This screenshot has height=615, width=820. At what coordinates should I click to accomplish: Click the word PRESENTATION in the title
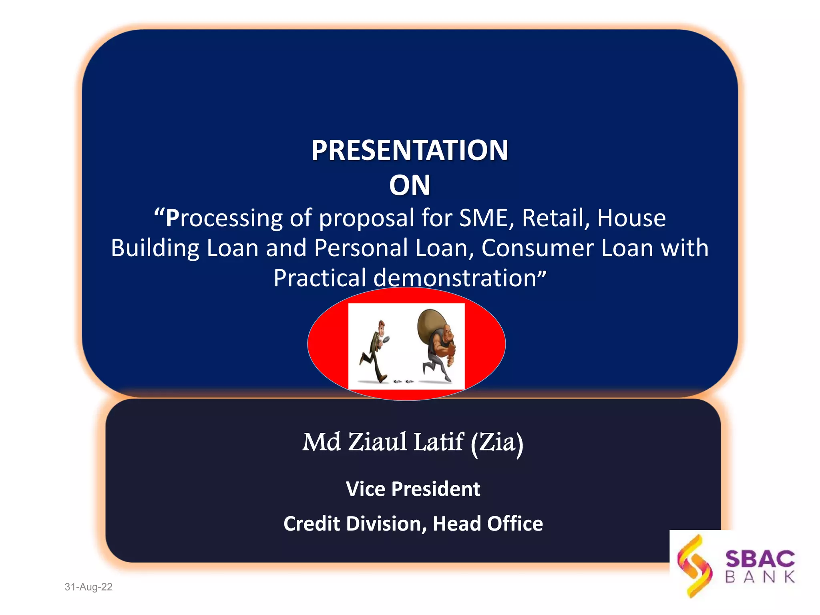coord(410,150)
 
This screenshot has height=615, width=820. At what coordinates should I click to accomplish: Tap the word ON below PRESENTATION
coord(410,185)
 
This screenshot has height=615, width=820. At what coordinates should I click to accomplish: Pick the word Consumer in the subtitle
coord(537,248)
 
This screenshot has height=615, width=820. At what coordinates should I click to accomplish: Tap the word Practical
coord(320,278)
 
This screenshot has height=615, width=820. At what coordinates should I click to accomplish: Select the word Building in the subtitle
coord(155,248)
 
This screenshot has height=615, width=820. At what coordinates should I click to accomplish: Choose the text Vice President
coord(413,489)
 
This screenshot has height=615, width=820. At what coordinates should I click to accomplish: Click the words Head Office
coord(488,524)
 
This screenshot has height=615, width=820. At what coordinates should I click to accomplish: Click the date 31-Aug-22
coord(88,587)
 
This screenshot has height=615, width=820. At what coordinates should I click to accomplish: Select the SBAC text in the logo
coord(760,559)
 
